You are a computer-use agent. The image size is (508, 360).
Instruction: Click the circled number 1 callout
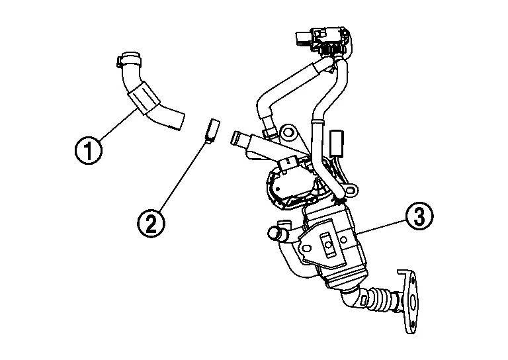tap(88, 150)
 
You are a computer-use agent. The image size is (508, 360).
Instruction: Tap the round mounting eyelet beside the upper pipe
tap(288, 135)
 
